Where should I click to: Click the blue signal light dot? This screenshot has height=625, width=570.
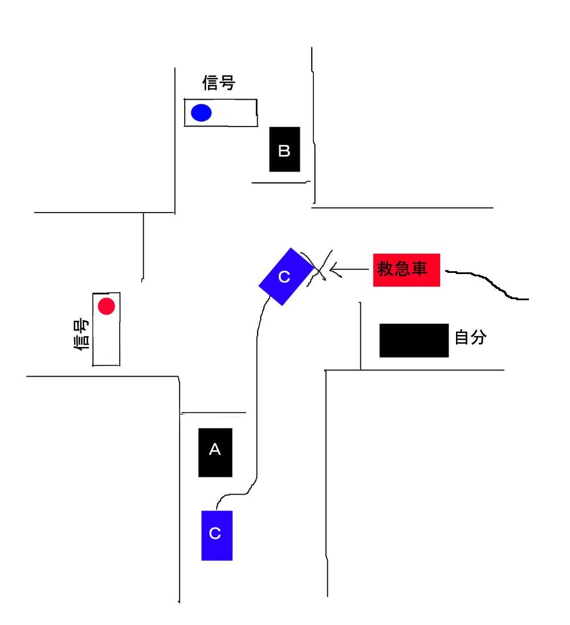click(x=201, y=113)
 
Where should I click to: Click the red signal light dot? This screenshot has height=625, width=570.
click(x=107, y=306)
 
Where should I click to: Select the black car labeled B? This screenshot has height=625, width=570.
click(x=284, y=149)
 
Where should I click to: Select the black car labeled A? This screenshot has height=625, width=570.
click(x=215, y=452)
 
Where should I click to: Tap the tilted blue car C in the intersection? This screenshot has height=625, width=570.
click(x=286, y=277)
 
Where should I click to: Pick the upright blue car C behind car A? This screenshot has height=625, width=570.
click(x=217, y=536)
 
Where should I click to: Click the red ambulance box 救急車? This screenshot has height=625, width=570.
click(x=406, y=270)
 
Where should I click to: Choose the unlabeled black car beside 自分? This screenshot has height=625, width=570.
click(x=414, y=340)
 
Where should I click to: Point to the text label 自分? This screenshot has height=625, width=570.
click(x=471, y=337)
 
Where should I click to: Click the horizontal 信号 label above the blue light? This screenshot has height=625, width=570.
click(x=218, y=83)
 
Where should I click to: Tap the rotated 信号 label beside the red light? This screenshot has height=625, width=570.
click(x=82, y=334)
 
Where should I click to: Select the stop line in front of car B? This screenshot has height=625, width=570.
click(x=281, y=182)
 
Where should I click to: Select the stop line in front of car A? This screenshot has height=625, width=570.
click(x=213, y=412)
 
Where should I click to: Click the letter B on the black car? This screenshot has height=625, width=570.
click(x=284, y=150)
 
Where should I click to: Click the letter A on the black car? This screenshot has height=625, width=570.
click(x=215, y=449)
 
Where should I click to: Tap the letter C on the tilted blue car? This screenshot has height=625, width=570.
click(x=284, y=277)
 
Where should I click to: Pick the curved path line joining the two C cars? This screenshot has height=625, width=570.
click(x=256, y=399)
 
